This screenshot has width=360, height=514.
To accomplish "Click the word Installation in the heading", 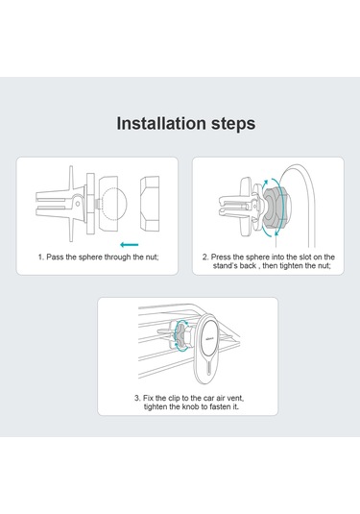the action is pyautogui.click(x=161, y=124).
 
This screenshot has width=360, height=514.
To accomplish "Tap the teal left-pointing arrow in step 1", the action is pyautogui.click(x=129, y=245).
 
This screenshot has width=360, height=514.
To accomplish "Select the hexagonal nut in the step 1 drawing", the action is pyautogui.click(x=150, y=204).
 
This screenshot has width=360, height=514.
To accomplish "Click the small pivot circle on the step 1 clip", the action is pyautogui.click(x=78, y=204).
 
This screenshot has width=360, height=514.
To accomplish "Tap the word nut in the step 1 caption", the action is pyautogui.click(x=152, y=257).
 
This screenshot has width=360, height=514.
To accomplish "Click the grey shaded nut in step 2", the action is pyautogui.click(x=275, y=208).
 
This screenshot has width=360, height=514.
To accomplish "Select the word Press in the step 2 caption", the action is pyautogui.click(x=221, y=257).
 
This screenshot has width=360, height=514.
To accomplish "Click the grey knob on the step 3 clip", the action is pyautogui.click(x=181, y=336).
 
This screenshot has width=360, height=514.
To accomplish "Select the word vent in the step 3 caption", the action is pyautogui.click(x=235, y=399).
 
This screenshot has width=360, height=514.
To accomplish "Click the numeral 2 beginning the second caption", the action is pyautogui.click(x=205, y=257).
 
